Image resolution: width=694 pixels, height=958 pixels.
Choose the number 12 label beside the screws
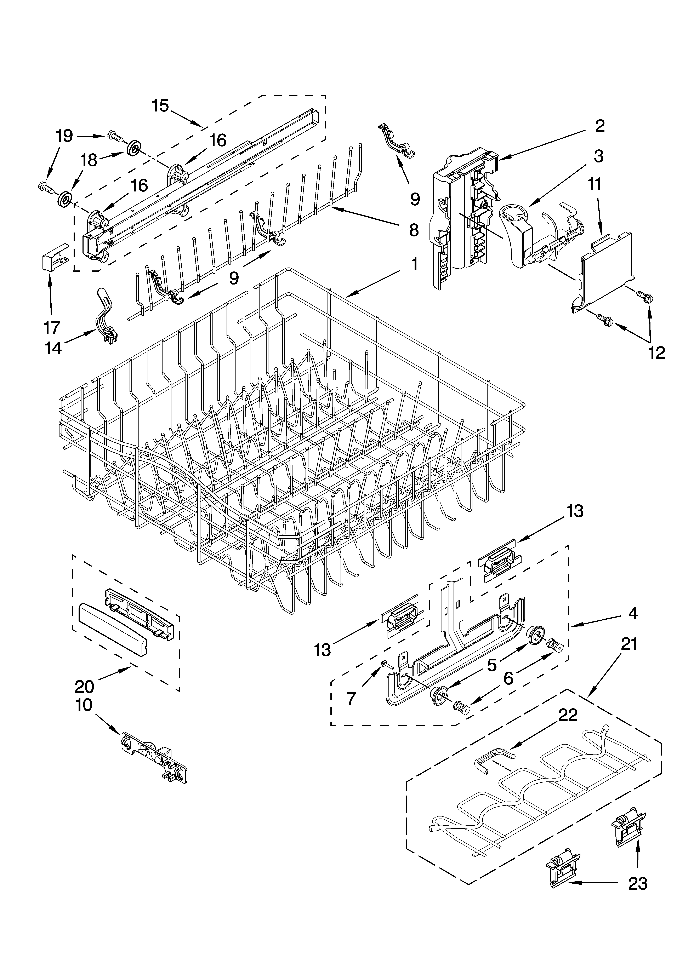pyautogui.click(x=656, y=353)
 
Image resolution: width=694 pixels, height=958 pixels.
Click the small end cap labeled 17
pyautogui.click(x=54, y=257)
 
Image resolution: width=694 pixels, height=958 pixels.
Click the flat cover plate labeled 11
pyautogui.click(x=604, y=273)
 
